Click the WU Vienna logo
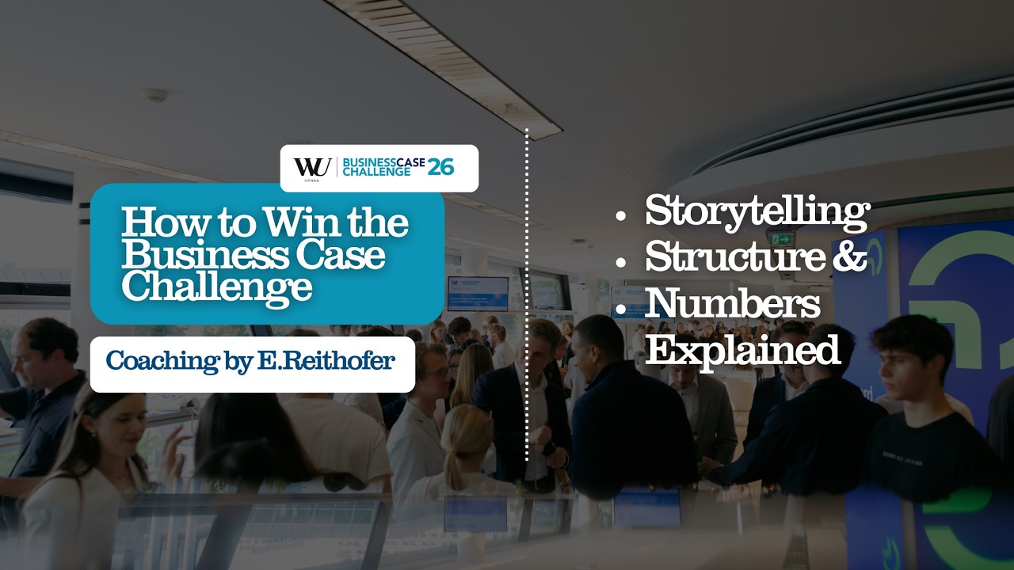tap(312, 168)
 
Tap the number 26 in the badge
tap(440, 166)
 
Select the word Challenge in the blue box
tap(216, 286)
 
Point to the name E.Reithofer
tap(326, 361)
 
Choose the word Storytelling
tap(757, 211)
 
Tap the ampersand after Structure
tap(849, 256)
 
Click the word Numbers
tap(732, 304)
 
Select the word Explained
tap(741, 349)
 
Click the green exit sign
tap(780, 238)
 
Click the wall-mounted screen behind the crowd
tap(478, 294)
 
